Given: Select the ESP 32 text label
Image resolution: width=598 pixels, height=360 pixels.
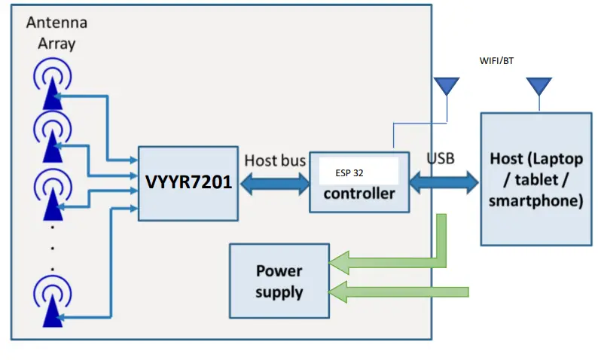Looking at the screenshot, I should coord(349,172).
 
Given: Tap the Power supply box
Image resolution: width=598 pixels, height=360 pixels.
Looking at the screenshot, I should coord(279,280).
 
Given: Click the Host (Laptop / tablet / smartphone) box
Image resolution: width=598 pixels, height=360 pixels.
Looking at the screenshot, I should coord(535,179).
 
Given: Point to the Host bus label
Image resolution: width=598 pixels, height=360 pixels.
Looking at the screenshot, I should coord(275,160).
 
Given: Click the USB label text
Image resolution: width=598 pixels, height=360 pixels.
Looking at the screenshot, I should coord(441,160).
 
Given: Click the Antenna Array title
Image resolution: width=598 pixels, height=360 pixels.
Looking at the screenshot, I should coord(51,32).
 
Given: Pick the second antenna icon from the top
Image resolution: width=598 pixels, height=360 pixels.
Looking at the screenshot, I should coord(51,136).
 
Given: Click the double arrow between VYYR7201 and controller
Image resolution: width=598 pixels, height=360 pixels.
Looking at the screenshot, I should coord(275,183).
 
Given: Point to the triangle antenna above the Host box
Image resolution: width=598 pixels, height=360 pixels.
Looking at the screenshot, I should coord(539,85).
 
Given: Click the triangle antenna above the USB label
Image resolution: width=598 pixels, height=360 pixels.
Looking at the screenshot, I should coord(447,85).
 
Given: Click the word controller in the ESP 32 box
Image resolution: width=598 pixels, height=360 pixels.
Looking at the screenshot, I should coord(358,194).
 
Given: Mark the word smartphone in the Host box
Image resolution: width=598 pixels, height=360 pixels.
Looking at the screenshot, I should coord(535,201).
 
